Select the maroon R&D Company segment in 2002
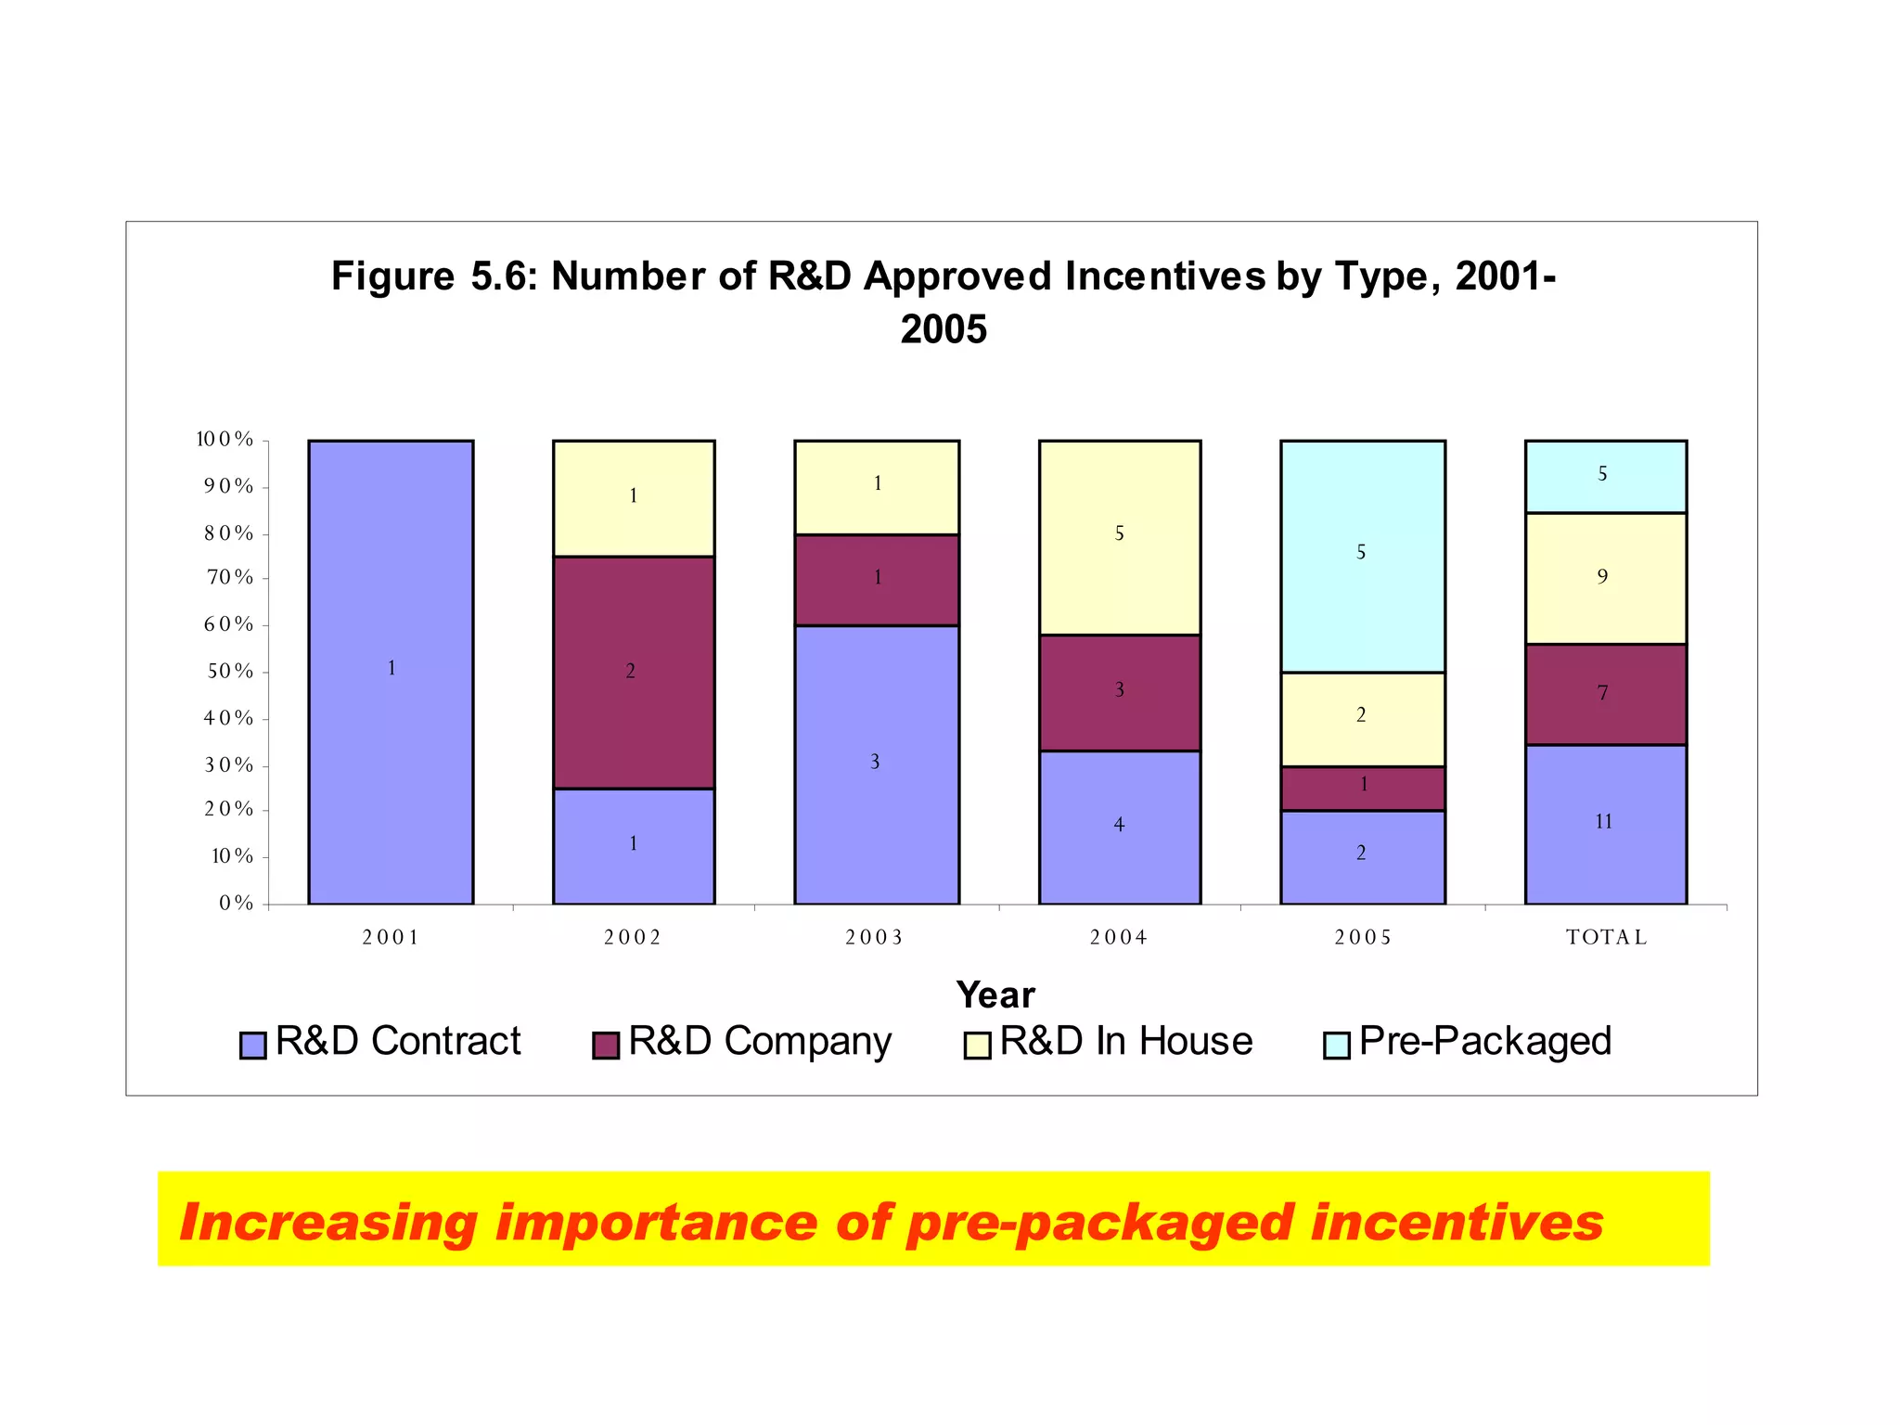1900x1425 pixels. click(x=634, y=672)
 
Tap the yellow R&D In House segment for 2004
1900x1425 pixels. click(x=1119, y=537)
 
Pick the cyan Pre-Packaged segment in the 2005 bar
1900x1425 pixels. click(x=1362, y=556)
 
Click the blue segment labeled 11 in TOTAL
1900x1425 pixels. click(x=1605, y=824)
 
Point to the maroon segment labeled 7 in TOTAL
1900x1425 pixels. click(x=1605, y=694)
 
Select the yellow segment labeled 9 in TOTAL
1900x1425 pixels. click(x=1605, y=578)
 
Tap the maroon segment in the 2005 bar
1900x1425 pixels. click(x=1362, y=788)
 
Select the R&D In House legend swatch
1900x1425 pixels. click(x=977, y=1045)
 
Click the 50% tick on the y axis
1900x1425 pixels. click(x=229, y=671)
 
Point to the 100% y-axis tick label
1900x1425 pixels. click(x=225, y=440)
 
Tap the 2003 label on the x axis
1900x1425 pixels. click(x=874, y=937)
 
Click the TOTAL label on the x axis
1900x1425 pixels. click(x=1606, y=937)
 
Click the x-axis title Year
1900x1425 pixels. click(x=995, y=995)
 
